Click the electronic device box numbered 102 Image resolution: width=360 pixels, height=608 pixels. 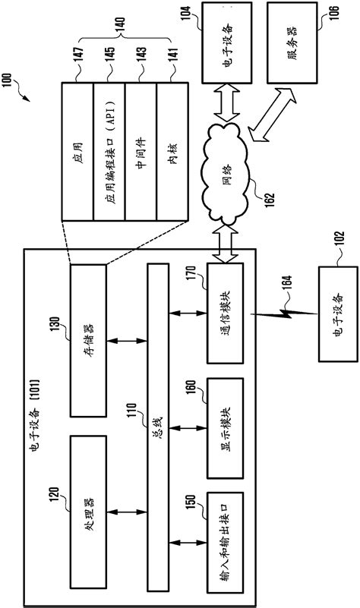338,314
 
